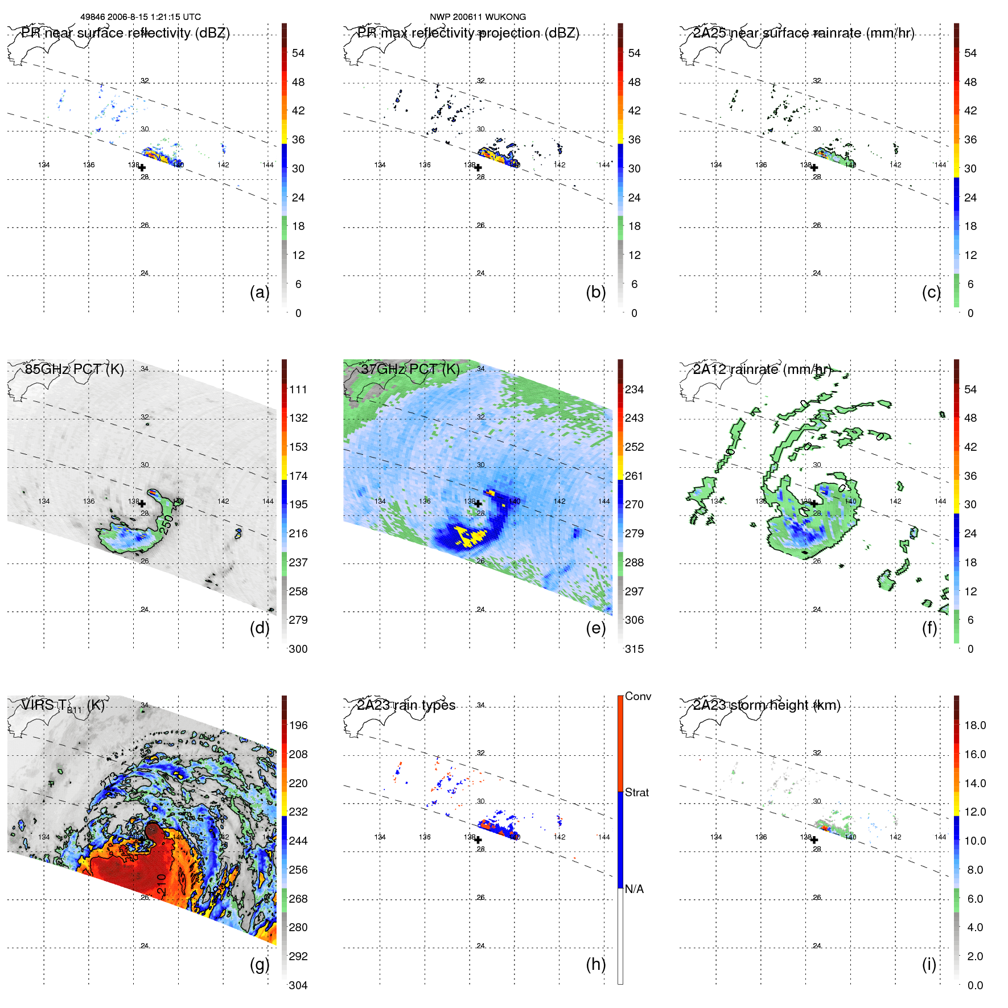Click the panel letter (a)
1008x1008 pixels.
pos(259,293)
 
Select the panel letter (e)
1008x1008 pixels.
pos(595,628)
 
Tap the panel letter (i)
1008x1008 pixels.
pos(929,964)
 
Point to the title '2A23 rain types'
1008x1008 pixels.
pos(406,705)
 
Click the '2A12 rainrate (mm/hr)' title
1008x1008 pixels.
pos(762,369)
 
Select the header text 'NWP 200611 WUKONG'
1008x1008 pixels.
pos(478,17)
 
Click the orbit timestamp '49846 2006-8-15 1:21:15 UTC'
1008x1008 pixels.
pos(140,17)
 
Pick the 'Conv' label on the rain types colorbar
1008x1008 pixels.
pos(637,696)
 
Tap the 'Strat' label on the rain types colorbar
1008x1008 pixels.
pos(636,792)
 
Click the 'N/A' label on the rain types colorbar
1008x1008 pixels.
pos(634,889)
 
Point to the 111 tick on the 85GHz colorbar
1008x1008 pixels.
pos(298,389)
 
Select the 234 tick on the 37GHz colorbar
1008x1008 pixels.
pos(634,389)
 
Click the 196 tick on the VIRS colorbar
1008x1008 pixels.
pos(298,725)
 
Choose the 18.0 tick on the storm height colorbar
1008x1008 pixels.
pos(975,725)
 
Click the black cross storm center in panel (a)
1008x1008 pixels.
pos(142,168)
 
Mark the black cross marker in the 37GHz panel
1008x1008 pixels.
pos(478,504)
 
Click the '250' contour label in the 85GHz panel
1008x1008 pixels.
pos(166,524)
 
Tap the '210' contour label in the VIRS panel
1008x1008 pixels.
pos(162,883)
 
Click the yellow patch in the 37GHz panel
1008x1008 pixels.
pos(470,536)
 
